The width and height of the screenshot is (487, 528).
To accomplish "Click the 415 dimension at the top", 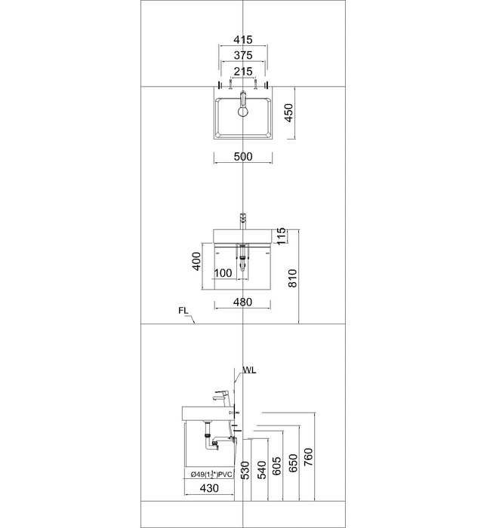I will click(x=242, y=40).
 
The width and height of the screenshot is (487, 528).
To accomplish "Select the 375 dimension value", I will click(x=242, y=55).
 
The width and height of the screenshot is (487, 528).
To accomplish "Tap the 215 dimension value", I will click(x=242, y=71).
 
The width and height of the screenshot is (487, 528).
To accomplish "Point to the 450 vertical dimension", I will click(x=288, y=115).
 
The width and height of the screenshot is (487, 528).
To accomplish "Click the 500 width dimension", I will click(x=242, y=157).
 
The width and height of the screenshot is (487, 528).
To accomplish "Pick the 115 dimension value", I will click(x=282, y=237).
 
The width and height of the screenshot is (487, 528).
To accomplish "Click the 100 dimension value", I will click(x=222, y=272).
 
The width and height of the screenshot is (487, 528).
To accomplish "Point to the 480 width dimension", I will click(x=242, y=302).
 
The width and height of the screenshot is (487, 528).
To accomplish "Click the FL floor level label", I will click(x=183, y=310).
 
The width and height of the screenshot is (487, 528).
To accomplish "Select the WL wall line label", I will click(x=249, y=370).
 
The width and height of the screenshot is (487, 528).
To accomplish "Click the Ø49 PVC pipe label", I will click(x=211, y=474).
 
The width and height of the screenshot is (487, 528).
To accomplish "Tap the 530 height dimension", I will click(x=244, y=470).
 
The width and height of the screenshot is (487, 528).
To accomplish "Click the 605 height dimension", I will click(x=277, y=463).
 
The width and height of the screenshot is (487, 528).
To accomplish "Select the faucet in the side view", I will click(x=223, y=394).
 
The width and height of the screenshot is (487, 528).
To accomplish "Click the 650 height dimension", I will click(x=293, y=462).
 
